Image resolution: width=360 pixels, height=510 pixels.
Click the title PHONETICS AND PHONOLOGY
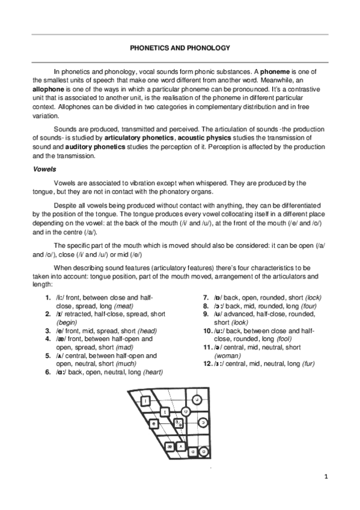point(180,48)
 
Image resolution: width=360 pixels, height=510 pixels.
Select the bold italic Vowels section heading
point(44,170)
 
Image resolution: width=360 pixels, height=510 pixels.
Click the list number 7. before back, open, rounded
point(206,297)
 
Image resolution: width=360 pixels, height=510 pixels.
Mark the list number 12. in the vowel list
point(207,364)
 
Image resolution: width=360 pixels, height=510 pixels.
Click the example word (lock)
point(317,297)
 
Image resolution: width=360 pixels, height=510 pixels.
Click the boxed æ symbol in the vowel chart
point(171,446)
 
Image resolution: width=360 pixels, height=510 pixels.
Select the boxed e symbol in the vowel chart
point(154,423)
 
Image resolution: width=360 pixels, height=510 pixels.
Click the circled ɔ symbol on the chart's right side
point(204,423)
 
